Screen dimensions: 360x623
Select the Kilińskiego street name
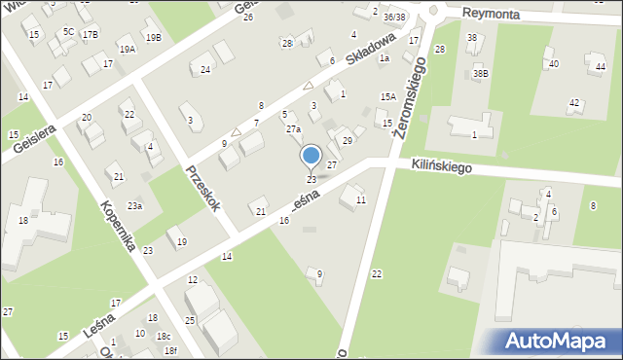441,167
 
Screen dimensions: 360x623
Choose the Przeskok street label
203,189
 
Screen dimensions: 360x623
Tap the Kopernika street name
117,226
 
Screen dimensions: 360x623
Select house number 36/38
394,17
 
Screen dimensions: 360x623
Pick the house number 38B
480,73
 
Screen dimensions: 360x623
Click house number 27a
293,129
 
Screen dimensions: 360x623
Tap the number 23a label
134,205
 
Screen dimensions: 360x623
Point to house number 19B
153,38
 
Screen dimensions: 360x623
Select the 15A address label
387,96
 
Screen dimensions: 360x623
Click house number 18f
170,350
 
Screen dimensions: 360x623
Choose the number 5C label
68,31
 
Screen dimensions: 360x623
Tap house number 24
205,69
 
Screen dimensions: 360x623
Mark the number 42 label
574,103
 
